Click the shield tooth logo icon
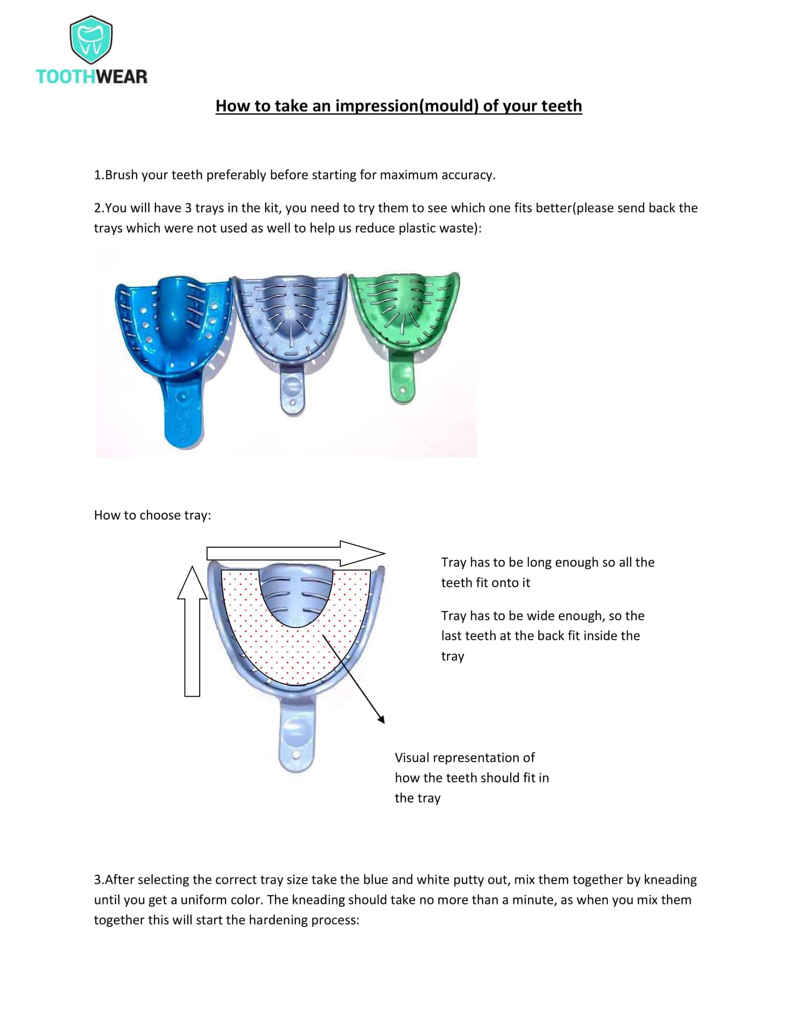point(91,40)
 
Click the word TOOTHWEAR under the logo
point(92,76)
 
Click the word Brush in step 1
point(122,175)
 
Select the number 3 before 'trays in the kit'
point(188,208)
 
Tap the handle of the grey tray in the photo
point(292,392)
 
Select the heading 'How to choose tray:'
point(152,515)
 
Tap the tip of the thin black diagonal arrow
point(384,722)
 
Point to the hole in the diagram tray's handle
point(295,755)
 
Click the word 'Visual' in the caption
point(412,758)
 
